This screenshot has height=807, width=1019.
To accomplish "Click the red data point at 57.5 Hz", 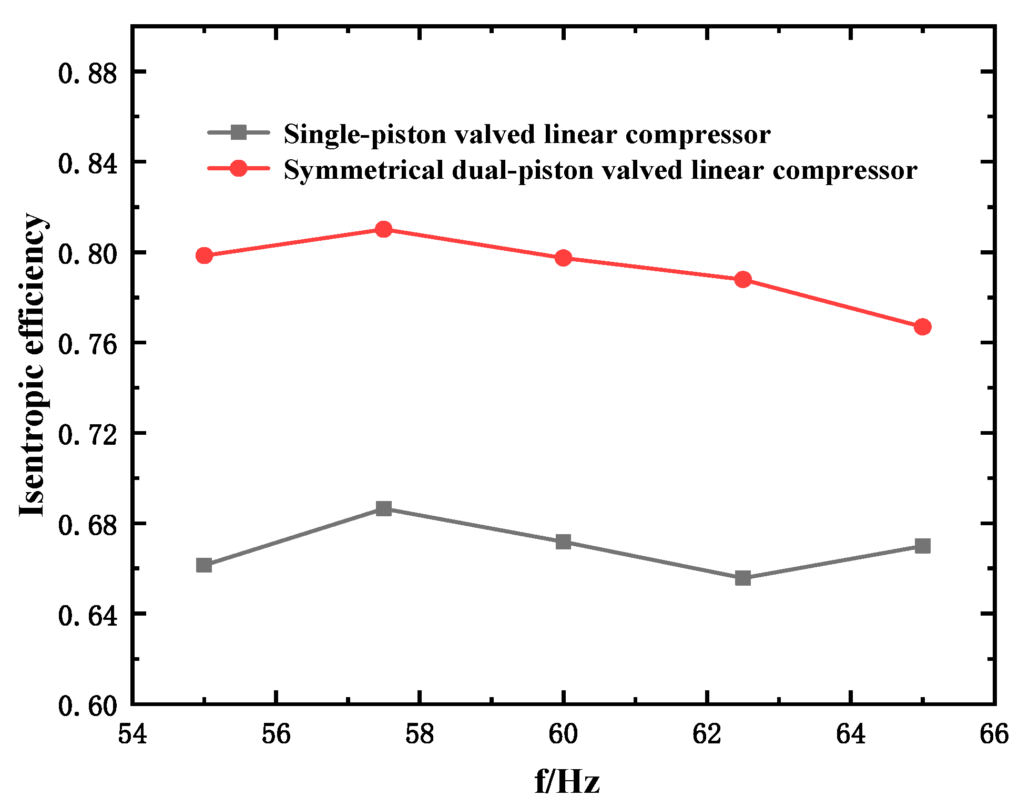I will pos(384,229).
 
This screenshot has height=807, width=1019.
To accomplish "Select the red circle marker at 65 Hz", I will pos(922,326).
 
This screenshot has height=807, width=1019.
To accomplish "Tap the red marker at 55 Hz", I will pos(204,256).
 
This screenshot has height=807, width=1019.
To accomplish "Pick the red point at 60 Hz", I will pos(563,258).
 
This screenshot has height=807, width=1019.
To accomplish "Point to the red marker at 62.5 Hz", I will pos(743,279).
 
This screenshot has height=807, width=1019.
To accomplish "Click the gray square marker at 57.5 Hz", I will pos(384,508).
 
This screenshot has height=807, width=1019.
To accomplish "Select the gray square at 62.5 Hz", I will pos(743,578).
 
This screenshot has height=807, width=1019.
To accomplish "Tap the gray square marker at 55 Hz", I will pos(204,565).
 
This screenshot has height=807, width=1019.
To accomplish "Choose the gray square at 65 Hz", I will pos(922,546).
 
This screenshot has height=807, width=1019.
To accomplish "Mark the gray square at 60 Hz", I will pos(563,542).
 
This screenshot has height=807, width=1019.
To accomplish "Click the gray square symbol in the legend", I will pos(239,132).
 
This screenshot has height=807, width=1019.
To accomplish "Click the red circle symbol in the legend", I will pos(239,168).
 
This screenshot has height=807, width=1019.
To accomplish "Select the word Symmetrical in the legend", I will pos(363,170).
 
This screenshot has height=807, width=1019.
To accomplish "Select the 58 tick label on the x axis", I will pos(419,734).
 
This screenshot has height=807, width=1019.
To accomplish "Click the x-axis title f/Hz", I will pos(567,782).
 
